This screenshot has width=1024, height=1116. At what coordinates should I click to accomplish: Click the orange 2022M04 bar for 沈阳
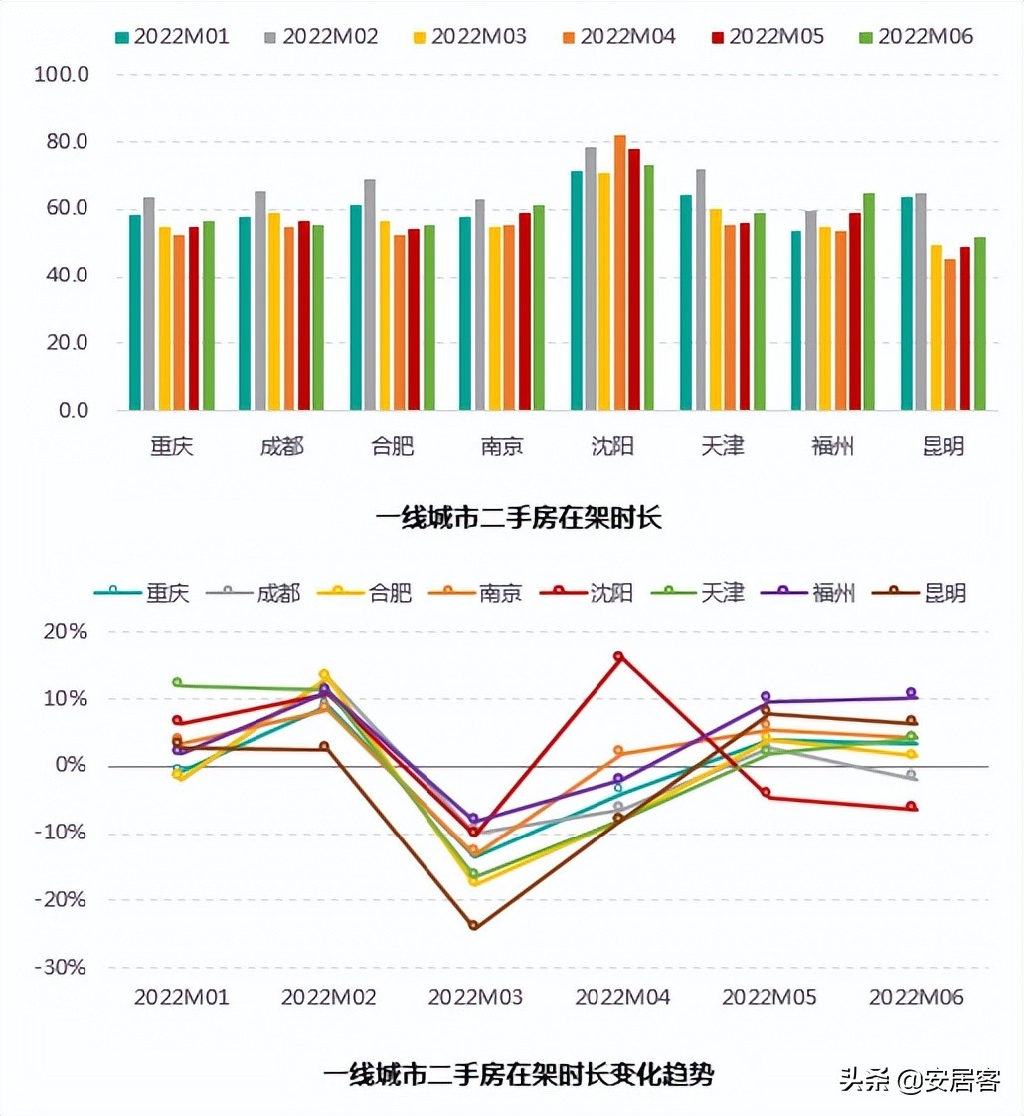pos(619,274)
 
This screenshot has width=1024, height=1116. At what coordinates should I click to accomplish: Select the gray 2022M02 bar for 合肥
pos(370,294)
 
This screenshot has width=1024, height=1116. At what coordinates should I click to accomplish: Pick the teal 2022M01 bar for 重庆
pos(135,312)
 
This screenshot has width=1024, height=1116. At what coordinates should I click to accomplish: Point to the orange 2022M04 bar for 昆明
pos(950,334)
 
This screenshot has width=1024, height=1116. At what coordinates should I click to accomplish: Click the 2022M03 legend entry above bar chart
pos(468,37)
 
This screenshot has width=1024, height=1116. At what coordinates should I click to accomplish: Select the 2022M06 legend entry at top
pos(915,37)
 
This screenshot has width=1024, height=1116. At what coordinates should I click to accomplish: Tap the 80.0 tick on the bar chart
pos(62,142)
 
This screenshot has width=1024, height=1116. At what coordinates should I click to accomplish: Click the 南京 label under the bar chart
pos(502,446)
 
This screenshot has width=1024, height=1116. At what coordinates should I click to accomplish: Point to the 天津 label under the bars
pos(722,446)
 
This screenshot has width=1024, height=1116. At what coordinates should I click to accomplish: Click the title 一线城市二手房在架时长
pos(518,518)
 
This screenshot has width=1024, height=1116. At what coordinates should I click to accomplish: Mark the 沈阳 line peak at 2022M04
pos(618,656)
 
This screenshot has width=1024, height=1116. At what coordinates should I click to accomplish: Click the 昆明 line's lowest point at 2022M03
pos(473,926)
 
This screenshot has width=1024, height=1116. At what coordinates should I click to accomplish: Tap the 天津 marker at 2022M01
pos(178,683)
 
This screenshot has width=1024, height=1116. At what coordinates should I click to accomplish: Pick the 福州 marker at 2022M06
pos(910,692)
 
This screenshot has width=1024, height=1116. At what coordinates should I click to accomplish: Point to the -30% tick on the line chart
pos(62,967)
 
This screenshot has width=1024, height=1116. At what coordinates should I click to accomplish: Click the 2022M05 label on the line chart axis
pos(768,997)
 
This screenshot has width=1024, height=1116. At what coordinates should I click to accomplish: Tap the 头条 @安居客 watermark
pos(920,1080)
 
